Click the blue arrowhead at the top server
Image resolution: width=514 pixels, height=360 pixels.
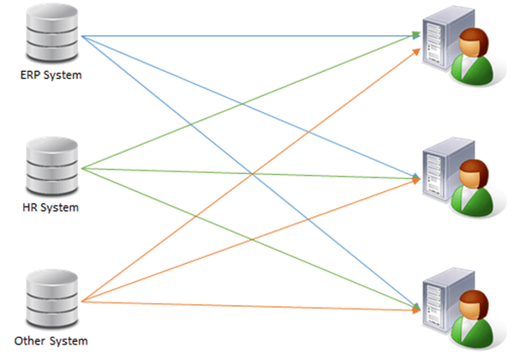[x=418, y=36]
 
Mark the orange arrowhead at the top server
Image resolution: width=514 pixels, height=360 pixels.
[x=419, y=46]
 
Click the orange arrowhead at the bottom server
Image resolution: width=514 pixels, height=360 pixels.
[x=419, y=307]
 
